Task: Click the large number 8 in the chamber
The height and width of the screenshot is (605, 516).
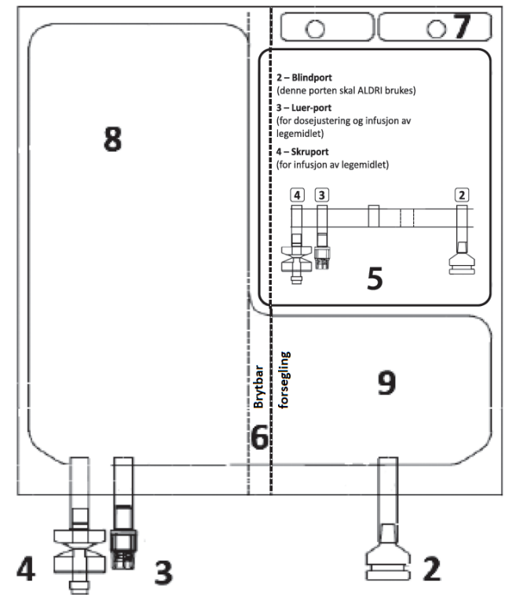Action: pyautogui.click(x=113, y=140)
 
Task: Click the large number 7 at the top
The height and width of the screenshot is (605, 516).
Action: pyautogui.click(x=461, y=27)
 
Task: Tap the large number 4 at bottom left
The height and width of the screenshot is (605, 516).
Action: pyautogui.click(x=26, y=569)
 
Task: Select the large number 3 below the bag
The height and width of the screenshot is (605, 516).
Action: pyautogui.click(x=162, y=571)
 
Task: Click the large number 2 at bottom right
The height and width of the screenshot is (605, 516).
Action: pyautogui.click(x=432, y=568)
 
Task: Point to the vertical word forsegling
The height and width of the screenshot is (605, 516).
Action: pyautogui.click(x=285, y=380)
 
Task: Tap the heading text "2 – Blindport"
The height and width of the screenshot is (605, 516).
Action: pyautogui.click(x=306, y=78)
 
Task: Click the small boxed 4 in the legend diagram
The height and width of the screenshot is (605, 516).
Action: pyautogui.click(x=297, y=194)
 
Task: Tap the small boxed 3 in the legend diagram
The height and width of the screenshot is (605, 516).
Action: pyautogui.click(x=320, y=194)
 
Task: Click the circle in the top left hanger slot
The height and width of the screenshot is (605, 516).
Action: pyautogui.click(x=315, y=28)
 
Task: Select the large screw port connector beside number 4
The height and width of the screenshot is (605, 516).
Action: pyautogui.click(x=79, y=551)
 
